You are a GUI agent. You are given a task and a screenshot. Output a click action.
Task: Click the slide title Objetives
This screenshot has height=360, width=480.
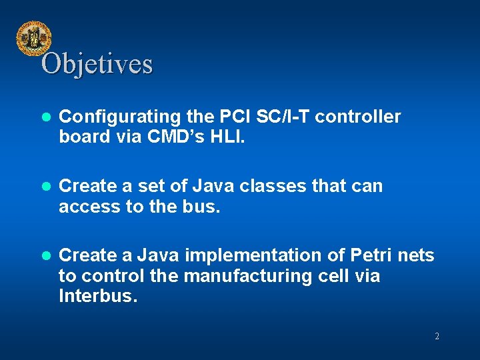97,64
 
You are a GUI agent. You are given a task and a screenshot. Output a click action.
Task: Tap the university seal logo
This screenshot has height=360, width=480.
33,39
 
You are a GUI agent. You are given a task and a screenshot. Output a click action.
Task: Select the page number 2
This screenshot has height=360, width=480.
437,337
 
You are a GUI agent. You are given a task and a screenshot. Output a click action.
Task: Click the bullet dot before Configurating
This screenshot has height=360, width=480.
46,117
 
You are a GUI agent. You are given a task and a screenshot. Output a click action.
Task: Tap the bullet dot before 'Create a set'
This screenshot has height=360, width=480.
46,187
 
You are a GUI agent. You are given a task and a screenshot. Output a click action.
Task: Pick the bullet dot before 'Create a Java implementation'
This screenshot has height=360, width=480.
46,256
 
